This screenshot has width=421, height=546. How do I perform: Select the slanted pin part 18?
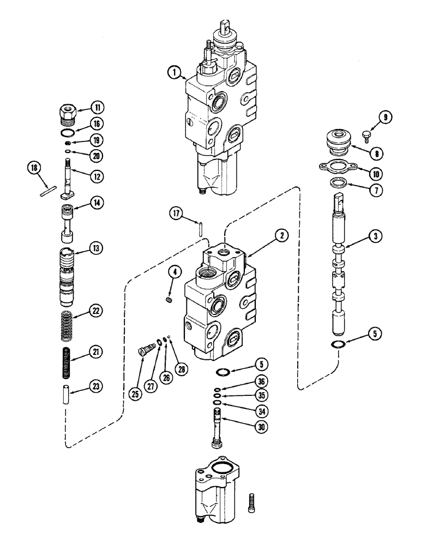(48, 192)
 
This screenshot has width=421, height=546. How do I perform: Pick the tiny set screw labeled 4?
(169, 299)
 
